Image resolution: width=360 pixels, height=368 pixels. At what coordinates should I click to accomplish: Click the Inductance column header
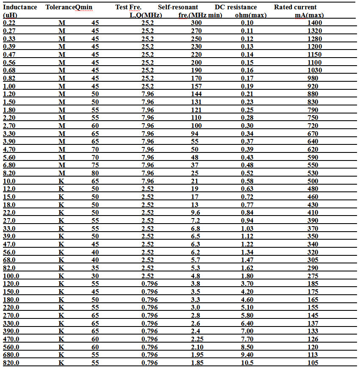(20, 7)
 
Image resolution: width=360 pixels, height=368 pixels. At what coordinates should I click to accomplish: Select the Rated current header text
(295, 7)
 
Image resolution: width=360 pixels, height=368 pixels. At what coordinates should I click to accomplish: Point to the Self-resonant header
(178, 7)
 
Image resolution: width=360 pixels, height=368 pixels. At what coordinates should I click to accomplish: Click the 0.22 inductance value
(9, 23)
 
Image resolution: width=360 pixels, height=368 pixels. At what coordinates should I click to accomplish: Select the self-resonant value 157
(197, 86)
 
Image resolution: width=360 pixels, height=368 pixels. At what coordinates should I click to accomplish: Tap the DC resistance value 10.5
(247, 362)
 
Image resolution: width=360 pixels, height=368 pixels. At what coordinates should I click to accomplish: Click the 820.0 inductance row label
(11, 362)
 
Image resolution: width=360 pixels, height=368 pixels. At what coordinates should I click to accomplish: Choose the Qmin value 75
(95, 165)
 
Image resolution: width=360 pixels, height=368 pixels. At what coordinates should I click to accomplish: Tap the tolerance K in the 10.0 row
(61, 181)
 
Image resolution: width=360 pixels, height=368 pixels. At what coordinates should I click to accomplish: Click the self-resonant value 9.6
(196, 213)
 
